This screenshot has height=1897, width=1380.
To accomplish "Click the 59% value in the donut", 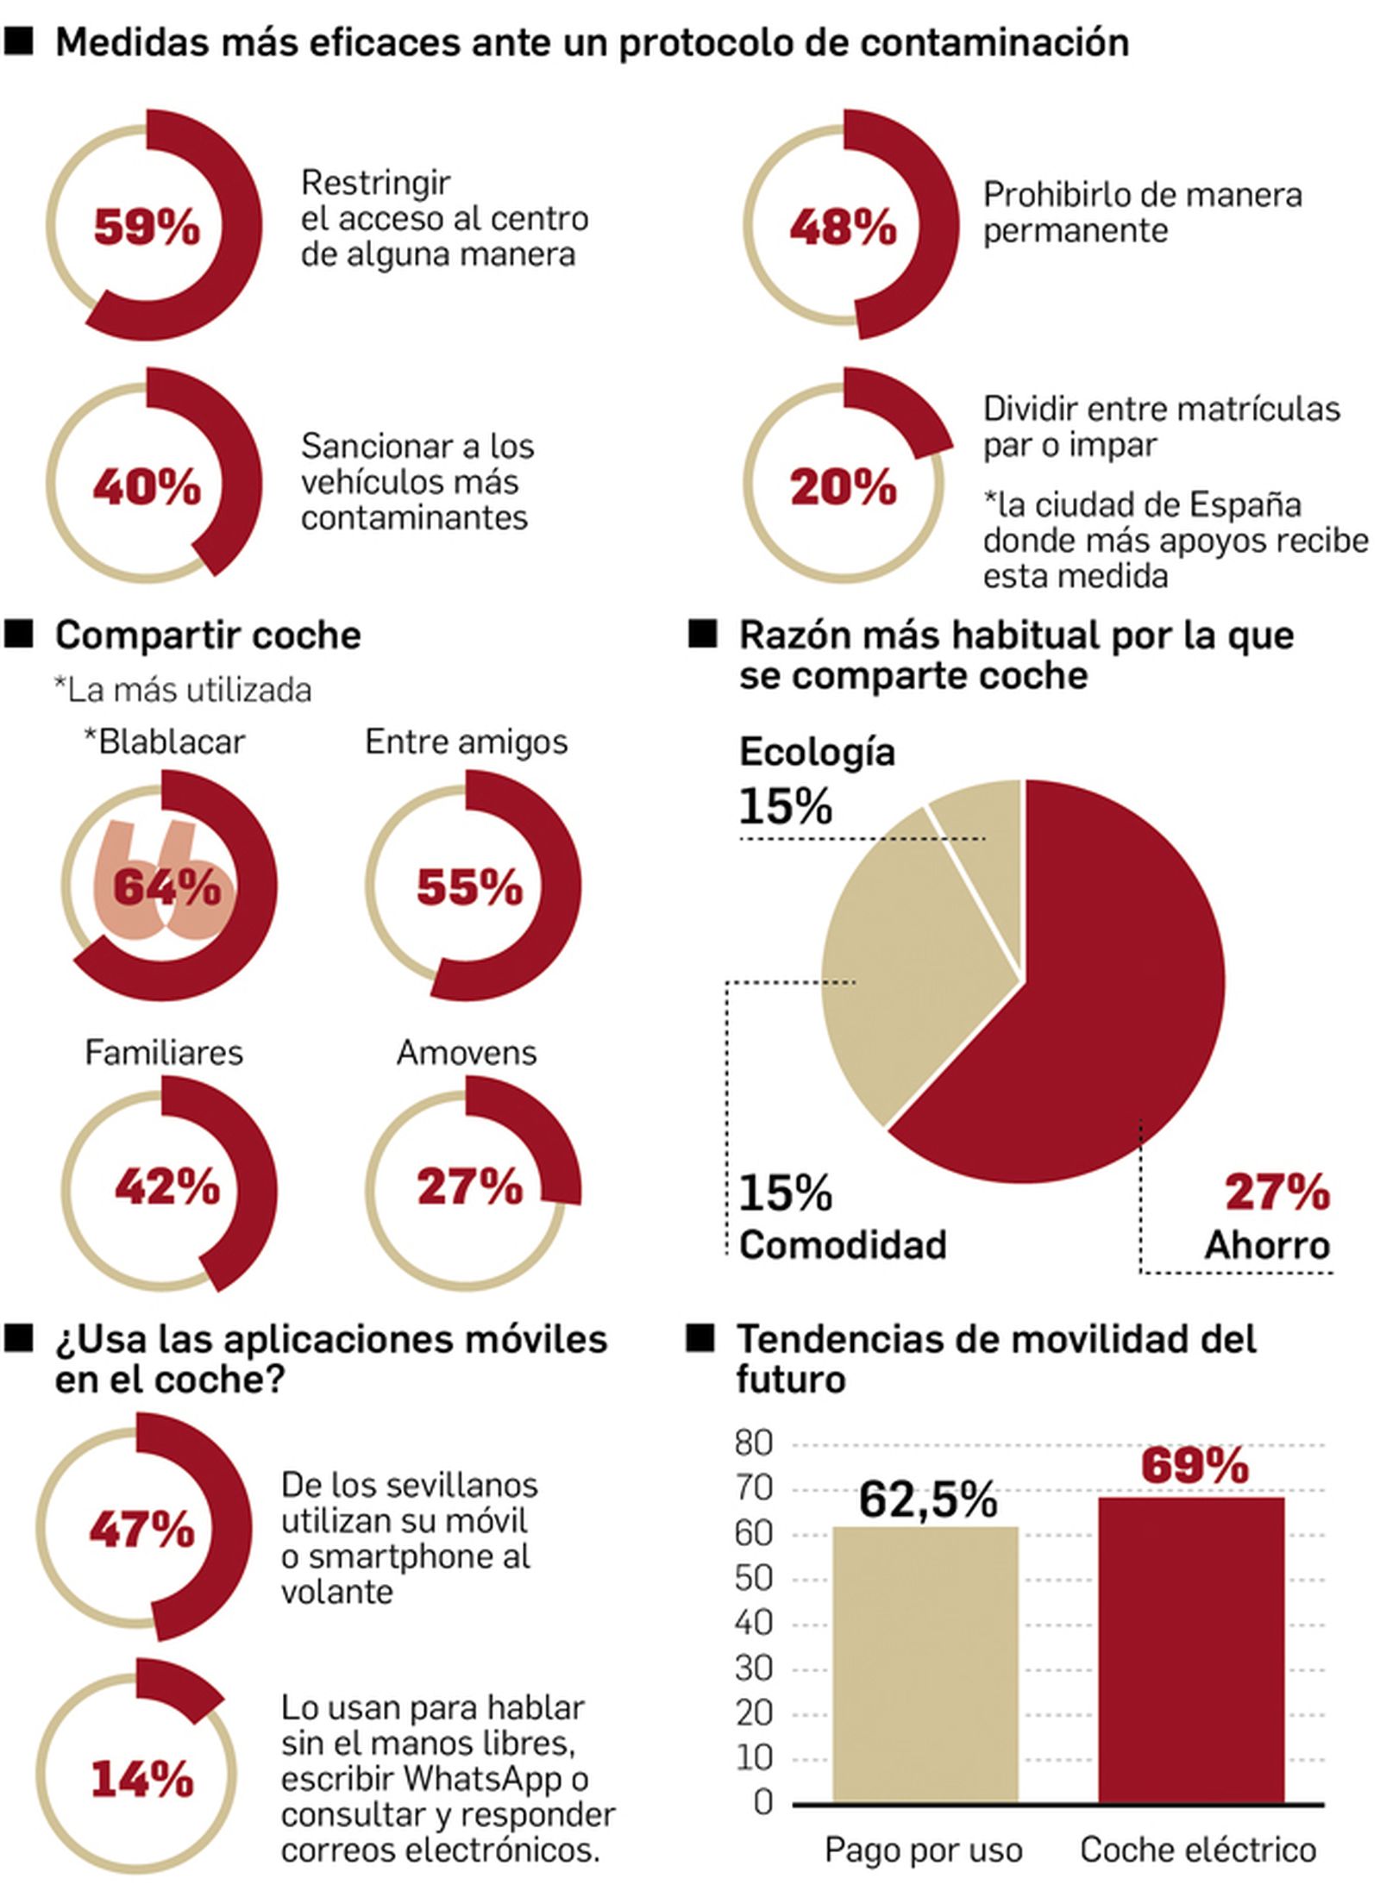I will pos(147,228).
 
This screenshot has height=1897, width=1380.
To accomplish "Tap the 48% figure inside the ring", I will pos(843,228).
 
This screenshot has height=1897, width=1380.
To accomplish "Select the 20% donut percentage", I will pos(843,487).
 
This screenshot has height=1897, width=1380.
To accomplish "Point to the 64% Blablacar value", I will pos(166,886).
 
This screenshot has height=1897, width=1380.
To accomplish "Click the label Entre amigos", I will pos(466,742).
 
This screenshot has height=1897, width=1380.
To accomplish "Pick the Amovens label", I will pos(466,1052).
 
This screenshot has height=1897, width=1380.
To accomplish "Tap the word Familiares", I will pos(164,1052).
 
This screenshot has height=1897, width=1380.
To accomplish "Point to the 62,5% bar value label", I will pos(927,1499).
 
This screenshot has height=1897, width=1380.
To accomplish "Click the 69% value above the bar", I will pos(1194,1466).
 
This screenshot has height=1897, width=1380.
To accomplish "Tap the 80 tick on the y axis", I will pos(754,1443).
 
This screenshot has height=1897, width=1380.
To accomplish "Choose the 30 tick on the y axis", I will pos(754,1668).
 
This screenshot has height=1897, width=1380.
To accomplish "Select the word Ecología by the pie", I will pos(817,752).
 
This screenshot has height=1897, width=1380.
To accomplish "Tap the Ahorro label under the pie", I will pos(1266,1244).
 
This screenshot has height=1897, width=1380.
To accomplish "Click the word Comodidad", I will pos(843,1244).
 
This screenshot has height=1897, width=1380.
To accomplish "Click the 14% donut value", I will pos(142,1780).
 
